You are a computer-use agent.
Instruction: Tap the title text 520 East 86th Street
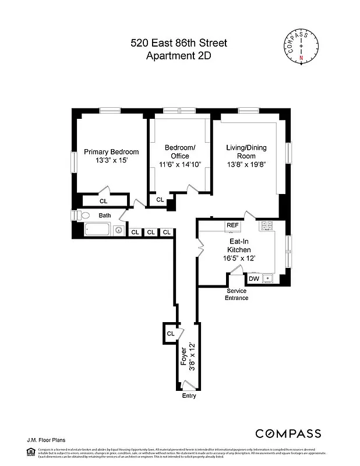click(178, 43)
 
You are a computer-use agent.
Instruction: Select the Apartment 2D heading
click(178, 56)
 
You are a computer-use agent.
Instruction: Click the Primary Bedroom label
click(111, 152)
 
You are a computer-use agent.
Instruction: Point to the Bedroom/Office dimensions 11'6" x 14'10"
click(180, 165)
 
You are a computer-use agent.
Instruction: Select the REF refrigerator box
click(233, 225)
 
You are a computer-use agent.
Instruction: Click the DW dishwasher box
click(254, 278)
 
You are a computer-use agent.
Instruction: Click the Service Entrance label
click(237, 294)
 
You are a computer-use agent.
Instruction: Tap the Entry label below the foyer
click(189, 396)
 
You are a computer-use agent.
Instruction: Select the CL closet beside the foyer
click(171, 334)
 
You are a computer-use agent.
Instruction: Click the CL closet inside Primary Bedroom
click(104, 201)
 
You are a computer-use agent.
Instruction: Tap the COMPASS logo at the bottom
click(288, 433)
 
